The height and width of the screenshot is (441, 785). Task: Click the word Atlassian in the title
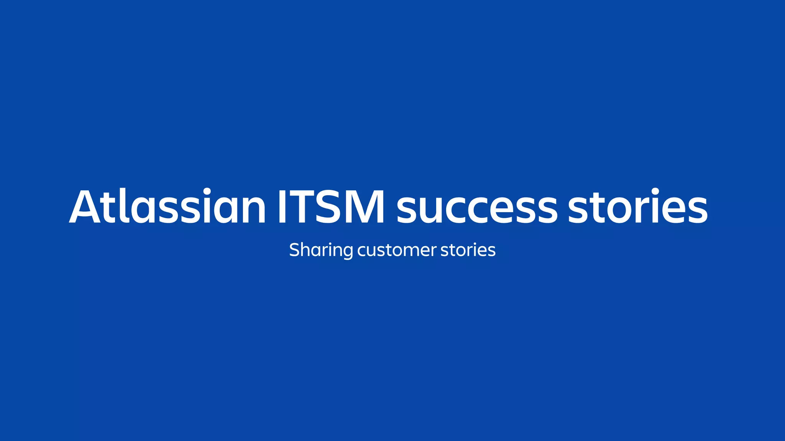[x=168, y=207]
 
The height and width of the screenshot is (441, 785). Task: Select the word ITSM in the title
[x=331, y=207]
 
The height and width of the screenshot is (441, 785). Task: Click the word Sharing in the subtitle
[x=321, y=250]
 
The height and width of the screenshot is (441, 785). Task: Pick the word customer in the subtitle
[x=397, y=250]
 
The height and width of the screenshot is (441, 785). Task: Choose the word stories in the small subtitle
[x=468, y=250]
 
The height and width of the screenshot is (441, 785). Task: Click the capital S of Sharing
[x=294, y=250]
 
